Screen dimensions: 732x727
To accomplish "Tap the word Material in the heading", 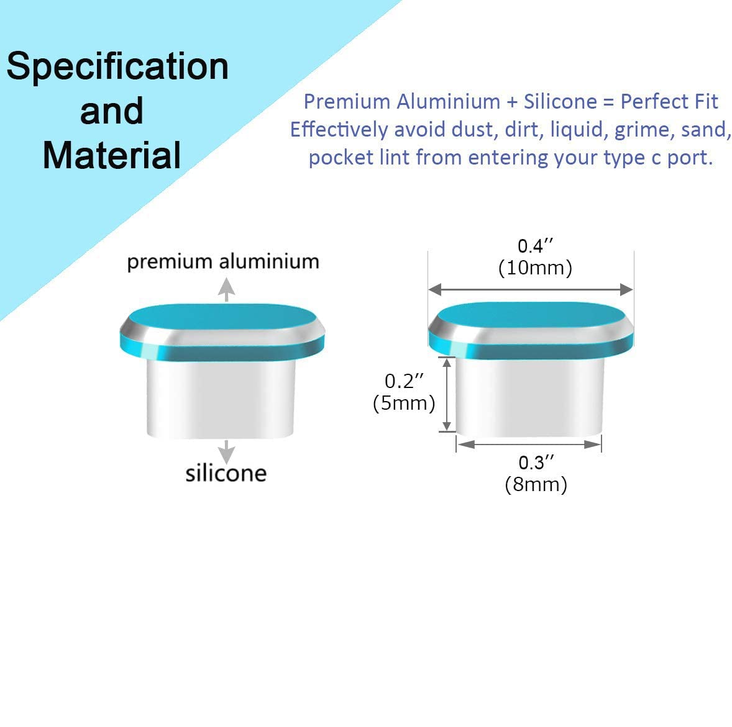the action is point(112,155).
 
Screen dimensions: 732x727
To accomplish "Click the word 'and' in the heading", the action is point(112,111).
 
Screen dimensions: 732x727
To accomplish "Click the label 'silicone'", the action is point(226,473).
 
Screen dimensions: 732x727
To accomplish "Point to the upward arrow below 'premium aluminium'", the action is point(226,289).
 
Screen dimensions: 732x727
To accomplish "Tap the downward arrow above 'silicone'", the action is point(226,452).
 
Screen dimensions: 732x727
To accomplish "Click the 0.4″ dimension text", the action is point(536,246).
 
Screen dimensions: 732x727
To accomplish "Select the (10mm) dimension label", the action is point(536,268).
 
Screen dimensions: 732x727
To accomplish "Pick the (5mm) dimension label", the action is point(405,404).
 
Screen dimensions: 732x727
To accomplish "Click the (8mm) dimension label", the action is point(536,484).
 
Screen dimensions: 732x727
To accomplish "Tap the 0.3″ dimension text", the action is point(536,463).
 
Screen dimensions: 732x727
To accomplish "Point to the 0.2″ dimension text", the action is point(405,381).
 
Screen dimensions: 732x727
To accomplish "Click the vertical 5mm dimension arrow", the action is point(447,394).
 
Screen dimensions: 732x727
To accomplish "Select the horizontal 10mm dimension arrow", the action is point(531,289).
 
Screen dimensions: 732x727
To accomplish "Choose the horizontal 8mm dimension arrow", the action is point(529,445).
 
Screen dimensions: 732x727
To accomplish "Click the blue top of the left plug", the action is point(222,317).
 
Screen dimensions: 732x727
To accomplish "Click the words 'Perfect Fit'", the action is point(669,102).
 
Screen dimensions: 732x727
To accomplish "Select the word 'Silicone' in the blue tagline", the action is point(560,102).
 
